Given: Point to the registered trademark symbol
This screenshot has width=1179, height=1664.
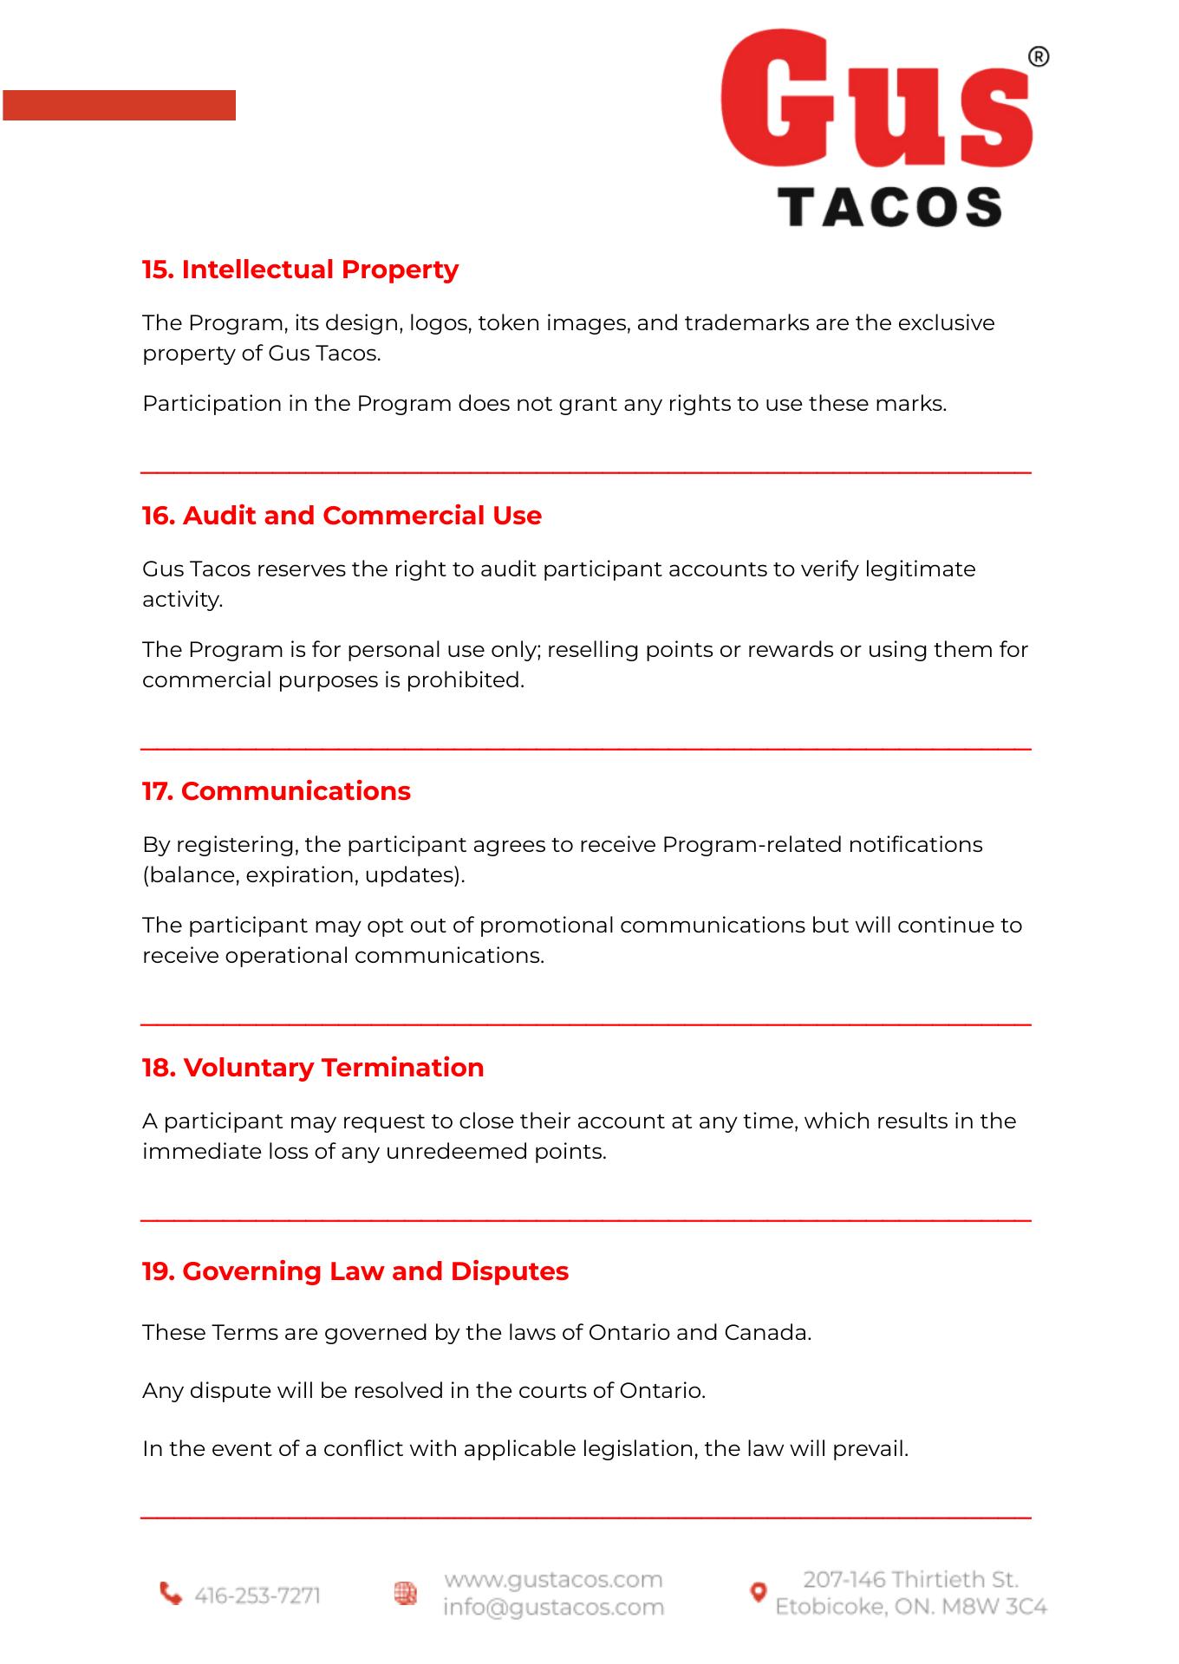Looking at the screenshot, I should click(x=1038, y=57).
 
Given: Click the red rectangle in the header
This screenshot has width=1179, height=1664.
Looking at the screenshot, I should click(x=119, y=105).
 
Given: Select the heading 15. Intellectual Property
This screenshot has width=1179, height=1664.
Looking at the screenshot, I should click(x=300, y=270).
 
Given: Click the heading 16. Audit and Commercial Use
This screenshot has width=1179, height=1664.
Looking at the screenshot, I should click(x=342, y=516).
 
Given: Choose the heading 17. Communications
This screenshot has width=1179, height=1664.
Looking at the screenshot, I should click(x=276, y=791).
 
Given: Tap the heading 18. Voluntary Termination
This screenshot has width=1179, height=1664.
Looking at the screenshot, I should click(x=313, y=1068).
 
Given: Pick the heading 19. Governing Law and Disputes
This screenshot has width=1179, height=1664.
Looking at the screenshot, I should click(x=355, y=1271).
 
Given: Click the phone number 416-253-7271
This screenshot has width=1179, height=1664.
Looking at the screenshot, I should click(x=257, y=1596).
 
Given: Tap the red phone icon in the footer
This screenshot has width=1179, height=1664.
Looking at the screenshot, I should click(x=171, y=1593).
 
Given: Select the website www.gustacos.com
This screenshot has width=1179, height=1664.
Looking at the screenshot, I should click(x=553, y=1580).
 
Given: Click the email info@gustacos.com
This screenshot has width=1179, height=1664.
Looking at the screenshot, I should click(x=553, y=1608).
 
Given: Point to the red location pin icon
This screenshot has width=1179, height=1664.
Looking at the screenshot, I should click(x=758, y=1592).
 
